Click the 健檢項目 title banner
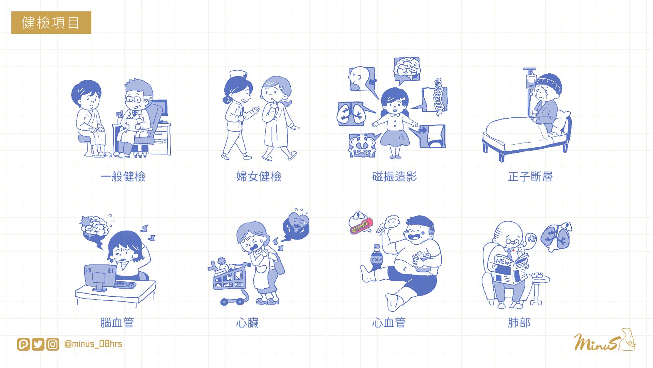[51, 22]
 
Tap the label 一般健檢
[123, 177]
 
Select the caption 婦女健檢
[259, 177]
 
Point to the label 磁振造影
[395, 177]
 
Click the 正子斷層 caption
[530, 177]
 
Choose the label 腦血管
[117, 323]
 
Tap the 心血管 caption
[389, 323]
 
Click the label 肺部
[519, 323]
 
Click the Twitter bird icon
[38, 344]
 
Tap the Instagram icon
[53, 344]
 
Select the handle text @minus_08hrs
[93, 344]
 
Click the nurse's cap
[238, 74]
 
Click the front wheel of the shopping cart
[224, 302]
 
